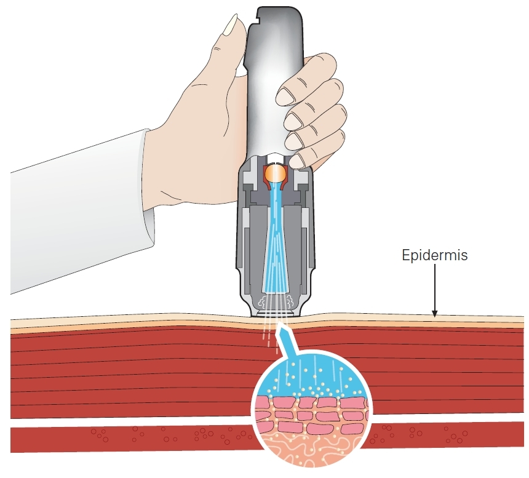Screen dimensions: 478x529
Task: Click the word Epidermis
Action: click(x=434, y=255)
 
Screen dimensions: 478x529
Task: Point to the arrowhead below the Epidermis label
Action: click(x=434, y=314)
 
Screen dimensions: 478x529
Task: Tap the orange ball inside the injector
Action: click(x=274, y=173)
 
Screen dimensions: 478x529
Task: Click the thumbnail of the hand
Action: click(x=232, y=26)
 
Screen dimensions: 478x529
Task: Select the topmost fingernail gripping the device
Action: click(x=288, y=95)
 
